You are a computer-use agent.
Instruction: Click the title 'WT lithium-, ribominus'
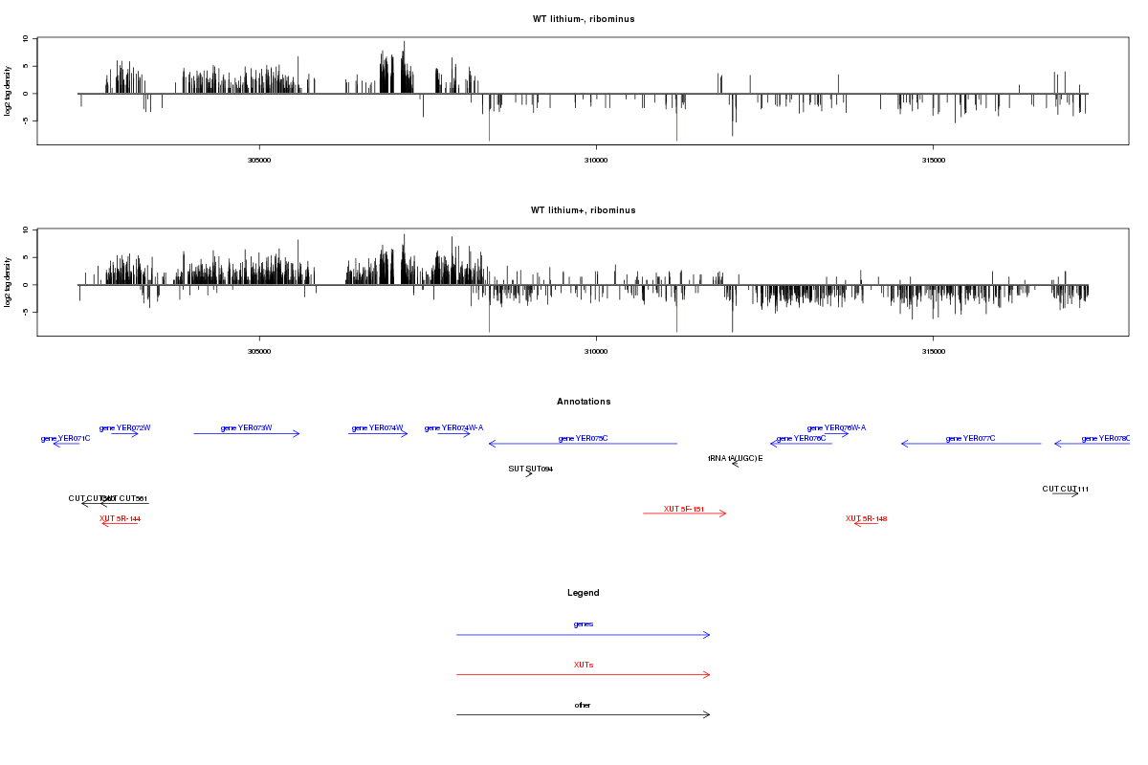point(583,19)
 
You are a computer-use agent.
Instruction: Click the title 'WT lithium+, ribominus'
point(583,210)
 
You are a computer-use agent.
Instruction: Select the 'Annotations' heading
point(584,402)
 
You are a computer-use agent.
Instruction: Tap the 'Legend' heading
point(584,593)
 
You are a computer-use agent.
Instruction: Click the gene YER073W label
point(246,428)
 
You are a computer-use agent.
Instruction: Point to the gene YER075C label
point(583,438)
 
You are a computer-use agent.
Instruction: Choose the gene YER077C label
point(970,438)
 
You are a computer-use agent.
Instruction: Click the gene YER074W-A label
point(453,428)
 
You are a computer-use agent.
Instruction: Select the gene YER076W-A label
point(836,428)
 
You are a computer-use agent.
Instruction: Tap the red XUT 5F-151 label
point(684,509)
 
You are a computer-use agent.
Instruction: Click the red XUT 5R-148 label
point(866,518)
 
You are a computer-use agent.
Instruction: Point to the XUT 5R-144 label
point(120,518)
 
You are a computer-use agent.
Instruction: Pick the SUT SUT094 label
point(530,470)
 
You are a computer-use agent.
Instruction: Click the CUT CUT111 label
point(1065,489)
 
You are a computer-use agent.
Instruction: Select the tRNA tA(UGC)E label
point(735,459)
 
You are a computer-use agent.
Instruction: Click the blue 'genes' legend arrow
point(583,635)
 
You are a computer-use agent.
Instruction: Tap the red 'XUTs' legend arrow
point(583,675)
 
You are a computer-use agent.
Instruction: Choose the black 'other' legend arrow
point(583,715)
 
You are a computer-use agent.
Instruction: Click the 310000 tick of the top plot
point(595,161)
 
